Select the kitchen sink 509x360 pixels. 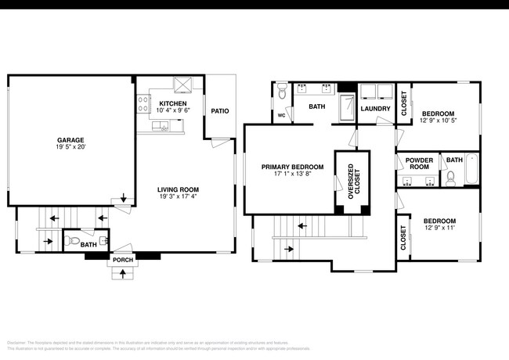coord(165,128)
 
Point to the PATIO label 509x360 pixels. coord(220,111)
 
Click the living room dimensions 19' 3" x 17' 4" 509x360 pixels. coord(178,197)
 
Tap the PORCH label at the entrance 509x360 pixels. coord(123,260)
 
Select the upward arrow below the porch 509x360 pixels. coord(123,274)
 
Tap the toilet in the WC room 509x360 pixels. coord(283,94)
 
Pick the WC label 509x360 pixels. coord(281,115)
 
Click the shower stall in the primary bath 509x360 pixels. coord(345,108)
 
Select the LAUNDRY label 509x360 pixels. coord(375,109)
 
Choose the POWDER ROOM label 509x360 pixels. coord(419,163)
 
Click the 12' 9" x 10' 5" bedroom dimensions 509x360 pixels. coord(437,120)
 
